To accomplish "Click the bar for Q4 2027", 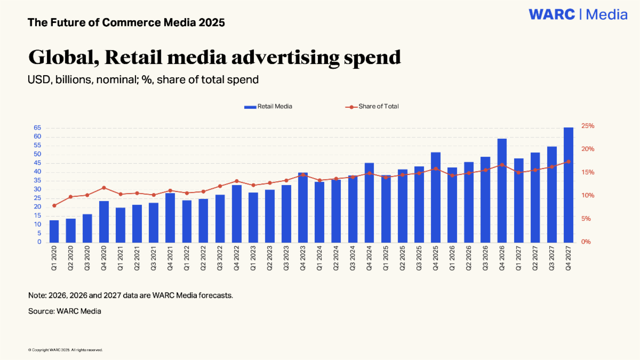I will [x=569, y=185].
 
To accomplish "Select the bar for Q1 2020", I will [x=54, y=231].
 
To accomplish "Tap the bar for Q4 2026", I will [x=502, y=190].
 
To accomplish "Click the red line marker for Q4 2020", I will [x=104, y=188].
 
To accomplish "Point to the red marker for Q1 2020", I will [x=54, y=206].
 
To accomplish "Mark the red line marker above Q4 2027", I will [x=569, y=162].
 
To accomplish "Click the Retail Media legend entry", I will [x=268, y=107].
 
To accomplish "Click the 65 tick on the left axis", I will [x=37, y=128].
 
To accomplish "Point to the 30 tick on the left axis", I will [x=37, y=189].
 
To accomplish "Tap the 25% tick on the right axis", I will [x=588, y=126].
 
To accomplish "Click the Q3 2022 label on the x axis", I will [x=220, y=261].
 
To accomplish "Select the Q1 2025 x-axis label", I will [x=386, y=261].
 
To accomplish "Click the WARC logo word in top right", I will [x=552, y=14].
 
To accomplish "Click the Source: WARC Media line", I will [x=65, y=311].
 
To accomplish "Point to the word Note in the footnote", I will [x=37, y=295].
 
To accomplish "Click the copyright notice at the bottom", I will [x=65, y=350].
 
